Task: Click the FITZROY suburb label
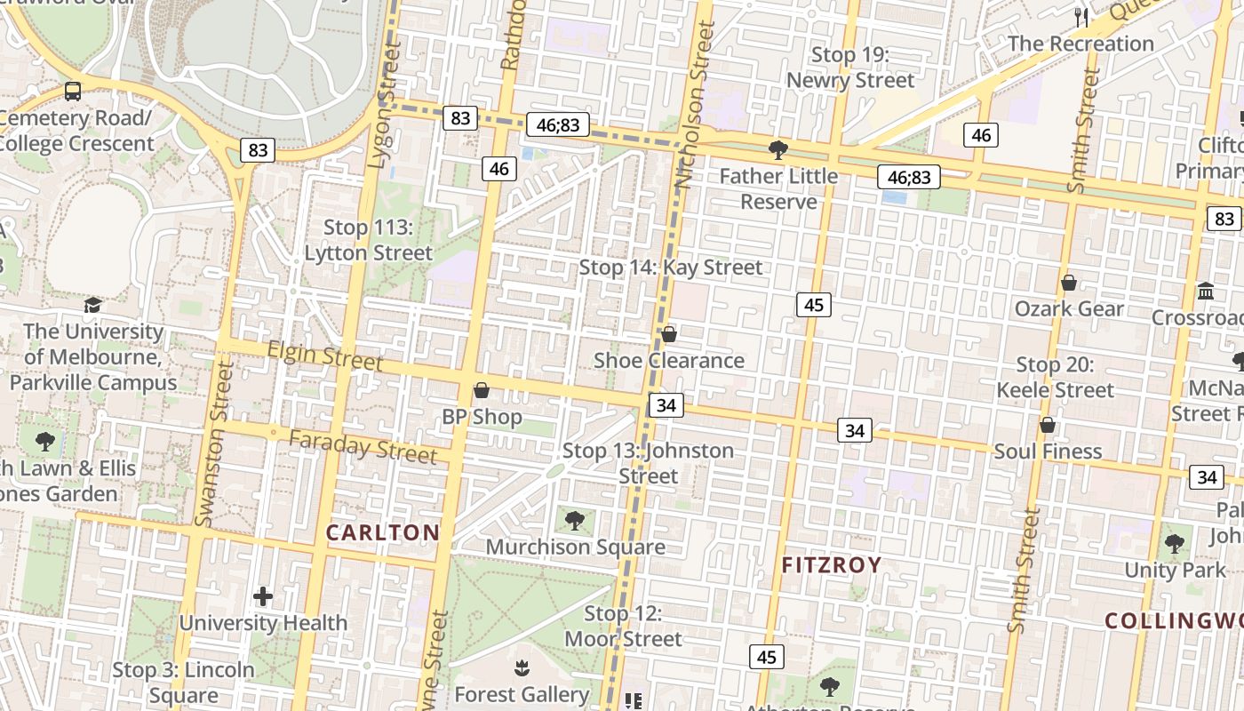[832, 565]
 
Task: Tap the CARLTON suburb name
[383, 532]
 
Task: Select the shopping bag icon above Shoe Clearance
[669, 334]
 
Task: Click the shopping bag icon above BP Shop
[482, 390]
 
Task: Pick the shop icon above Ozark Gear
[1069, 283]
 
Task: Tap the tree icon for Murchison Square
[575, 520]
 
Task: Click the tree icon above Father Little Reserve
[778, 149]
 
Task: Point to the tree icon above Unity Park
[1175, 543]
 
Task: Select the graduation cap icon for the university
[93, 306]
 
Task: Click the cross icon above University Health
[263, 596]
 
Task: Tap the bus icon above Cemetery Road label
[73, 91]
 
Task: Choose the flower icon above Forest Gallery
[522, 667]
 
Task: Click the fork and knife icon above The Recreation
[1081, 17]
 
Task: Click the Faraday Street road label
[363, 446]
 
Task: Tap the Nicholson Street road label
[695, 107]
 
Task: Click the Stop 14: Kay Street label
[671, 267]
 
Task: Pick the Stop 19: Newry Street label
[849, 68]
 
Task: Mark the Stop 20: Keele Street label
[1055, 377]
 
